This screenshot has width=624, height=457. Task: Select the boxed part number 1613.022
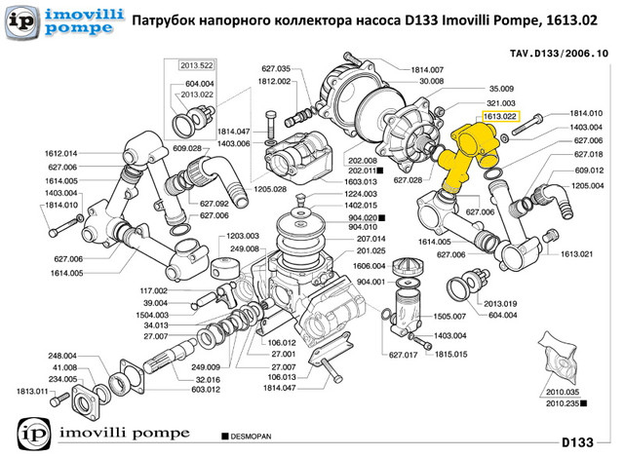tap(498, 116)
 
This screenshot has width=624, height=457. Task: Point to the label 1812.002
tap(277, 82)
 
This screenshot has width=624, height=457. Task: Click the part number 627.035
tap(277, 69)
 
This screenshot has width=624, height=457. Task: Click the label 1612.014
tap(60, 154)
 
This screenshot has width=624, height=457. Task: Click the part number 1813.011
tap(29, 391)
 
